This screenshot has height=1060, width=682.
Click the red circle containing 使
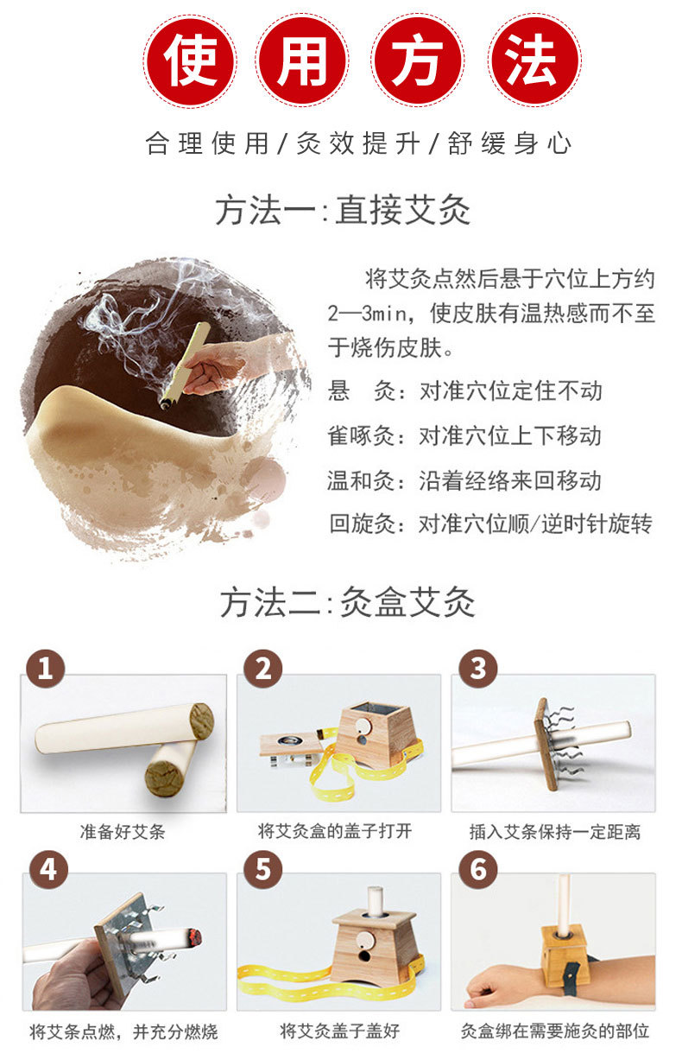click(190, 61)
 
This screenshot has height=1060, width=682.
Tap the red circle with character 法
click(535, 61)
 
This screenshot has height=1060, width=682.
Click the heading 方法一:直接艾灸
click(343, 211)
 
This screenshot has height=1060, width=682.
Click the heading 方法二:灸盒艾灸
click(347, 602)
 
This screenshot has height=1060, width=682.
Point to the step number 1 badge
click(45, 669)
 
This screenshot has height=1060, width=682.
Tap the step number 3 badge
click(478, 669)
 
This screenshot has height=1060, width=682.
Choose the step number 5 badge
click(263, 870)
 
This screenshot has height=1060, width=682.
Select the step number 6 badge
click(478, 870)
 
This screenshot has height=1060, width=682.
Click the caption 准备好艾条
click(123, 831)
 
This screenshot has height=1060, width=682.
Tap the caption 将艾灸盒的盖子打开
click(335, 831)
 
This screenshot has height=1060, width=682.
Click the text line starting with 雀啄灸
click(464, 435)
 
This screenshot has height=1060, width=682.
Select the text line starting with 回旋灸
click(490, 524)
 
